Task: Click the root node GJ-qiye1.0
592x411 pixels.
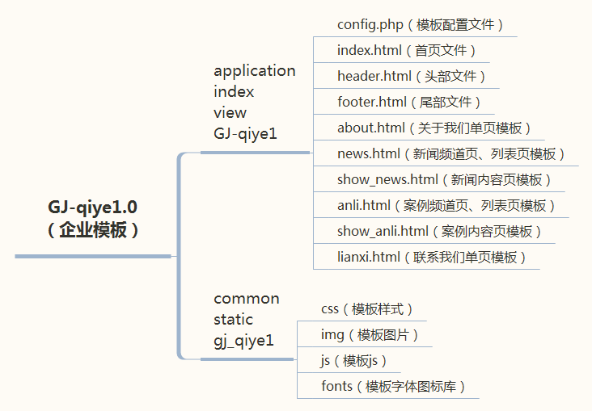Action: pos(92,219)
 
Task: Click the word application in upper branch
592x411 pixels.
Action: pos(255,71)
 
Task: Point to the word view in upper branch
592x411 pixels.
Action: pos(230,113)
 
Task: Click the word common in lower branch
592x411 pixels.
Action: pos(247,299)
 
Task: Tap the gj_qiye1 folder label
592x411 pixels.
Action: pos(244,341)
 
